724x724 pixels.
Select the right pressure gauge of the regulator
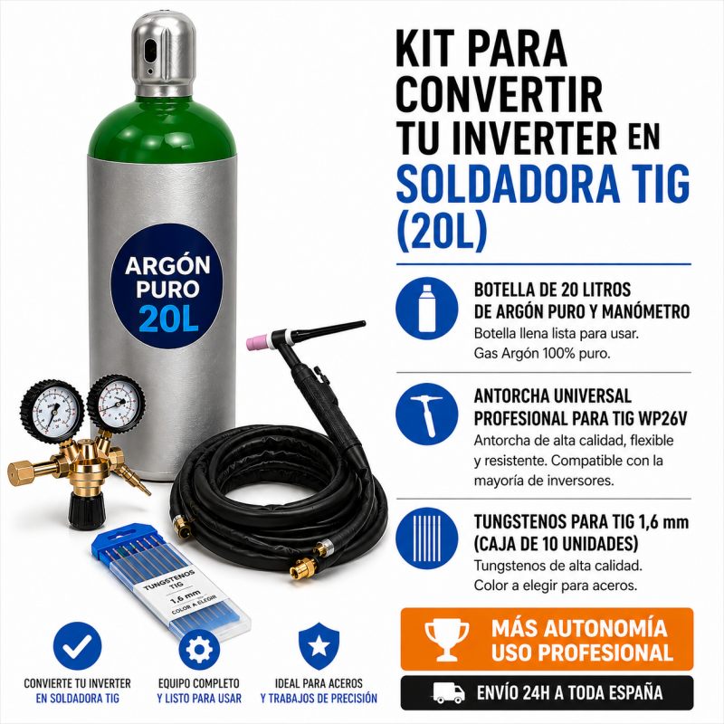coord(116,402)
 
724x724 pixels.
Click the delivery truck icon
coord(449,693)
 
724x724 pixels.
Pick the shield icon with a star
coord(319,644)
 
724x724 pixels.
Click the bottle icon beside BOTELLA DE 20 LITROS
coord(426,310)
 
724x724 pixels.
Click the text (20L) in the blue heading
coord(443,232)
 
